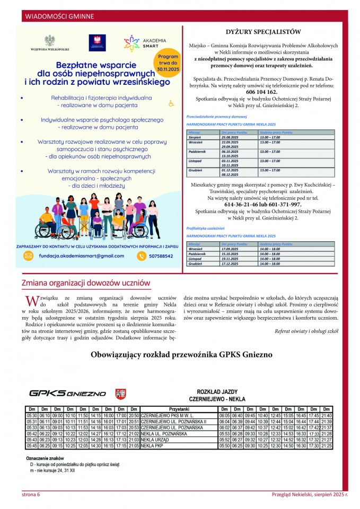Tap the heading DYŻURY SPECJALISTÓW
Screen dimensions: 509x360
pos(264,32)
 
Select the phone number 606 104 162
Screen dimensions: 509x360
pos(263,92)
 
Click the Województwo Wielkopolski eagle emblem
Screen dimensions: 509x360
pos(49,42)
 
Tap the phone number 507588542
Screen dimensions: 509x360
pos(158,256)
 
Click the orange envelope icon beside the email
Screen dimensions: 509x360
pos(29,256)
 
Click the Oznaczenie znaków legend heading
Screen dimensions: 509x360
pos(45,458)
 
